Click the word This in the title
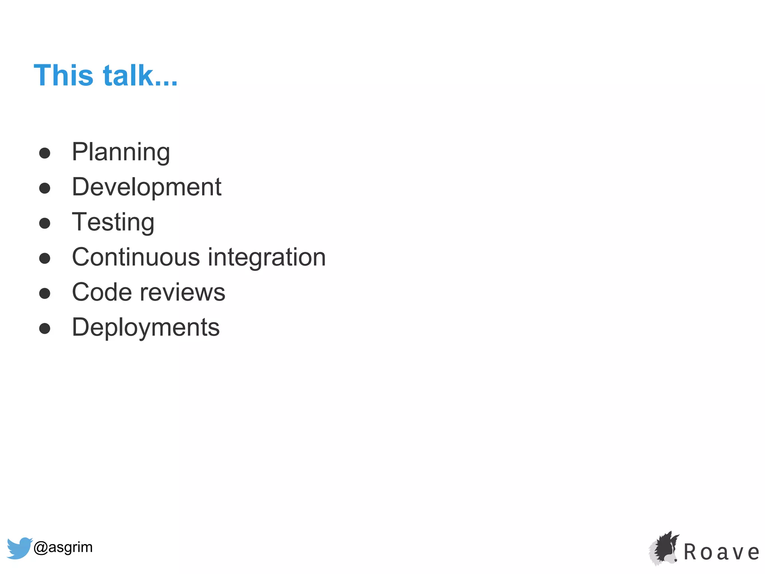point(63,75)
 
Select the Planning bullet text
point(121,152)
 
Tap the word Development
point(146,187)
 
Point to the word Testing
point(113,222)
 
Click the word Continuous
point(136,257)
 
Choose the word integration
point(267,257)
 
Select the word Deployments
point(146,327)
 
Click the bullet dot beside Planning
point(45,153)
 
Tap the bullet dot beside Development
point(45,188)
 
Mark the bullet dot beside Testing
point(45,223)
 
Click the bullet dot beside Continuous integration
point(45,258)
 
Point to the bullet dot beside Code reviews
point(45,293)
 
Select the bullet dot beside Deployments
point(45,328)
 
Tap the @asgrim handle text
point(63,547)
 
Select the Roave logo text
point(721,552)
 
